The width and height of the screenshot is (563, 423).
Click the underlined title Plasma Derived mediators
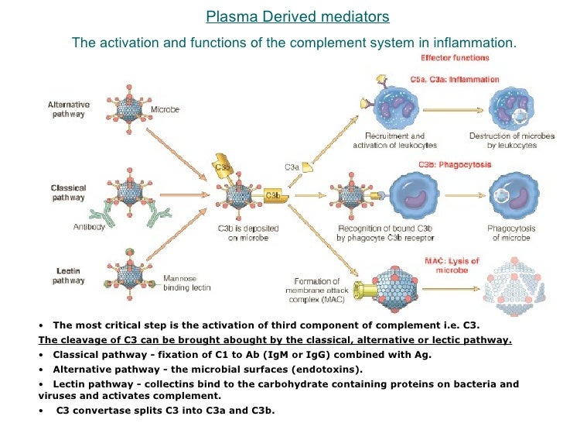[x=298, y=16]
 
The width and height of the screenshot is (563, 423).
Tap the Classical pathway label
[x=68, y=192]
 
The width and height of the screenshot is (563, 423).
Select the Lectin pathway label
[x=68, y=275]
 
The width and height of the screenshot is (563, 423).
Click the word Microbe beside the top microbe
[x=165, y=110]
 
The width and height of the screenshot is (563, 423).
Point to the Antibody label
[x=89, y=227]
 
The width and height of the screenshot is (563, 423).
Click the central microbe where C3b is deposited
[x=242, y=194]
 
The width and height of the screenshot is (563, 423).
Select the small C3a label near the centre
[x=292, y=167]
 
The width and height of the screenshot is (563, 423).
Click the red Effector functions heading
[x=455, y=57]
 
